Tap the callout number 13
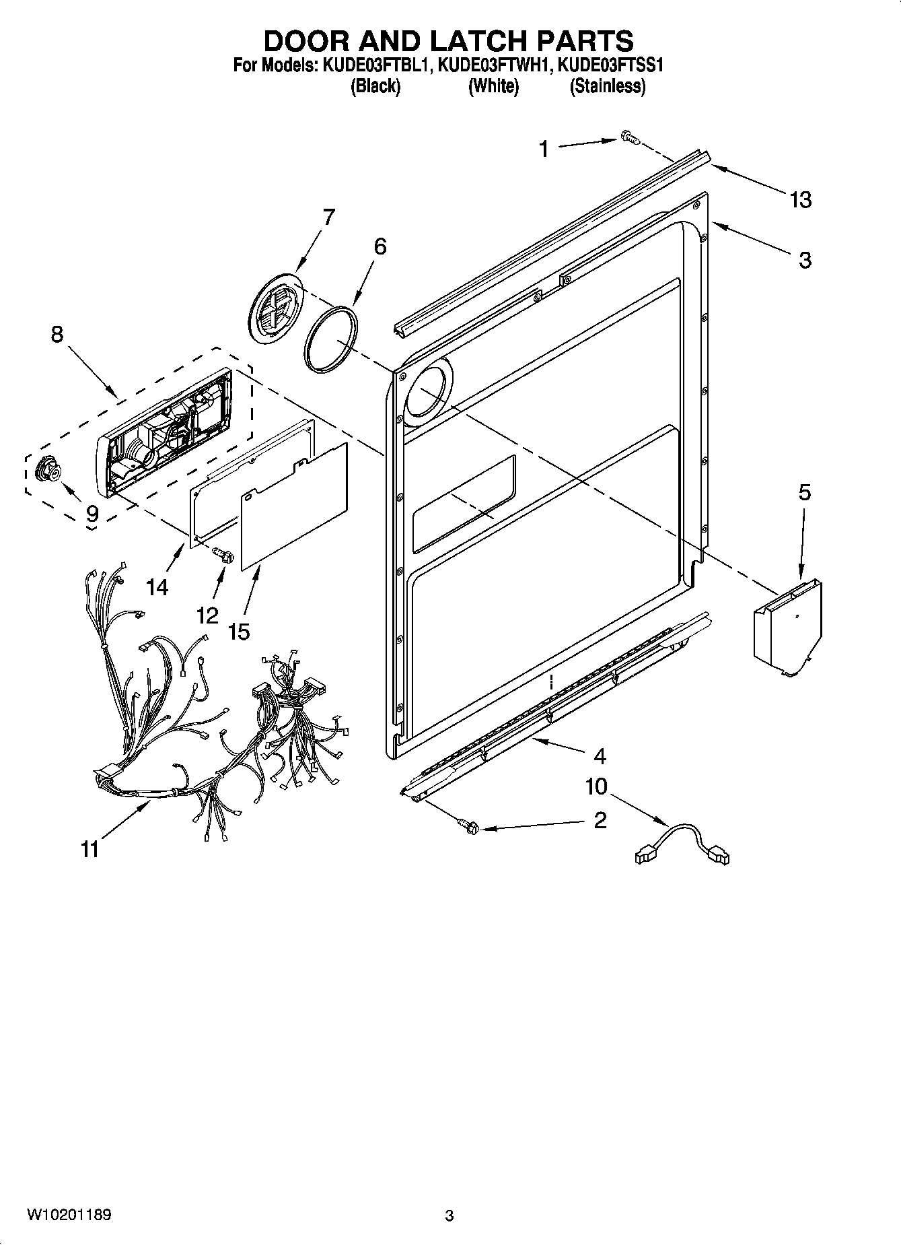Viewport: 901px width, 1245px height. pyautogui.click(x=801, y=200)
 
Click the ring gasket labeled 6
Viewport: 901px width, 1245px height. pyautogui.click(x=330, y=338)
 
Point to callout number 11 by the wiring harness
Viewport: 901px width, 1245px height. pyautogui.click(x=90, y=849)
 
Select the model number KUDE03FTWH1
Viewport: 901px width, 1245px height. pyautogui.click(x=495, y=67)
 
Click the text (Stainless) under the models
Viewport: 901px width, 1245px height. pyautogui.click(x=607, y=87)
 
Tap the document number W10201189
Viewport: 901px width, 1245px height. pyautogui.click(x=69, y=1215)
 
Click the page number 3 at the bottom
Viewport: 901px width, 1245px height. pyautogui.click(x=449, y=1216)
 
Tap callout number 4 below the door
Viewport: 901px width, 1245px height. pyautogui.click(x=600, y=756)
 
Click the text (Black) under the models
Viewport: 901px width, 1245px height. pyautogui.click(x=375, y=87)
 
